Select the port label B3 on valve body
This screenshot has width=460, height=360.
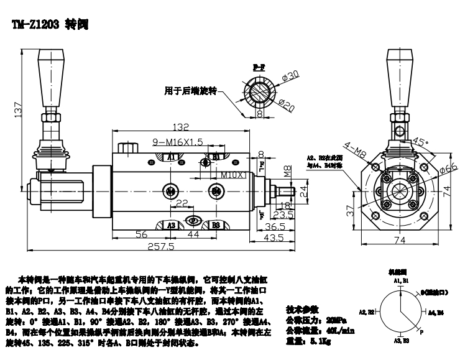tap(216, 224)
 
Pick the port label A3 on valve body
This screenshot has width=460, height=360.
tap(173, 224)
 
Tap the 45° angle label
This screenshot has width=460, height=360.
tap(422, 141)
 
